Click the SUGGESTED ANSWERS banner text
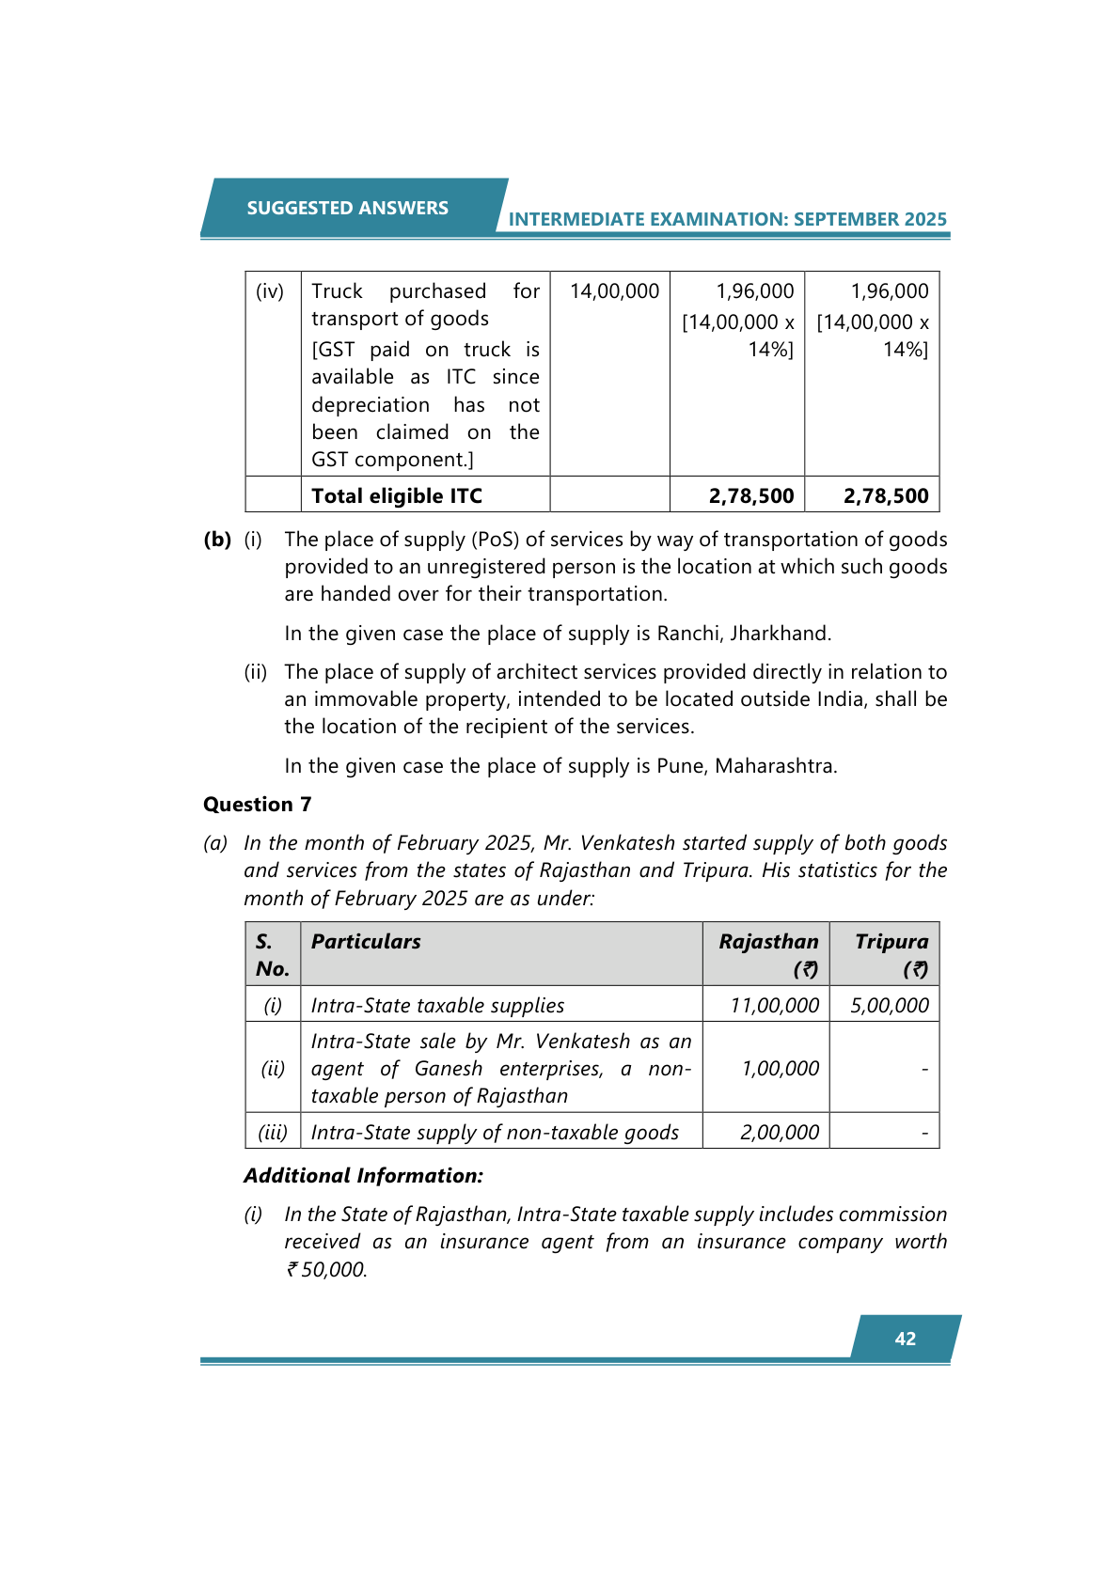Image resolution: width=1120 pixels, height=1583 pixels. point(347,208)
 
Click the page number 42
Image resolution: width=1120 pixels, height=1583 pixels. point(905,1339)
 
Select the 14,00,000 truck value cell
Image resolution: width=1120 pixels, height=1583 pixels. point(614,291)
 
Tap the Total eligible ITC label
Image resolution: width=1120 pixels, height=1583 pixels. point(396,495)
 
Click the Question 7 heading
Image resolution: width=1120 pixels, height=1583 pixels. point(257,805)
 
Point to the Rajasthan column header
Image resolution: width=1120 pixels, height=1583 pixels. point(768,942)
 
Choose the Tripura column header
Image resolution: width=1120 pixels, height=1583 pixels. point(891,942)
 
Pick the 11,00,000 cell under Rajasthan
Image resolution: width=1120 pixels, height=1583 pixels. point(774,1005)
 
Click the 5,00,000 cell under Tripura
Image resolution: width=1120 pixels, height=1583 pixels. point(889,1005)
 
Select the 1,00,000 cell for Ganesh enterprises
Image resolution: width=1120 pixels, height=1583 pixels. point(780,1069)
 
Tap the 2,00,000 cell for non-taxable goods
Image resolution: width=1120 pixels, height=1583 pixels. point(779,1132)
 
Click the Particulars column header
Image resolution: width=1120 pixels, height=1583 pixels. point(366,942)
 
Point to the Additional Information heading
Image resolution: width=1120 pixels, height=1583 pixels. point(363,1176)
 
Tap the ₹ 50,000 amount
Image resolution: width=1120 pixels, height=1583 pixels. point(326,1269)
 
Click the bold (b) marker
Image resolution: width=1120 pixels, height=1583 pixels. point(217,540)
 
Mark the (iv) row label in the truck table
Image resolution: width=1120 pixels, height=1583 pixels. point(270,291)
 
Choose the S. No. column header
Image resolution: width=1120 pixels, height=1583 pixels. point(272,955)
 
